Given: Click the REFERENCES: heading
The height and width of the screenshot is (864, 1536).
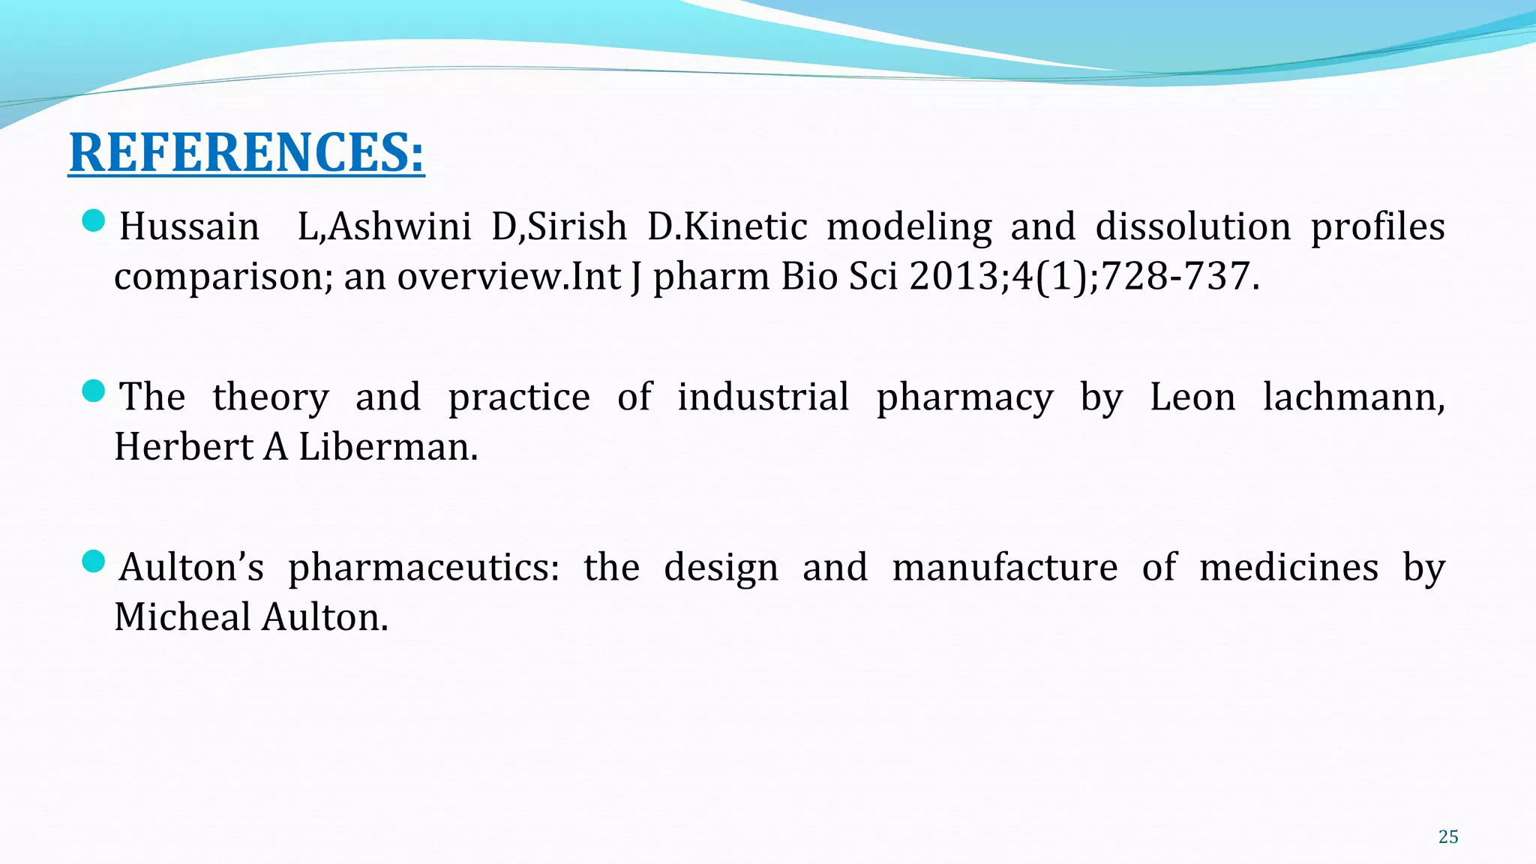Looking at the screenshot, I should tap(246, 153).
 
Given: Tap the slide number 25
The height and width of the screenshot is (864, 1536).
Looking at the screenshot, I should tap(1448, 837).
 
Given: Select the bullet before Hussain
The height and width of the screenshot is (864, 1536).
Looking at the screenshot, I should tap(93, 220).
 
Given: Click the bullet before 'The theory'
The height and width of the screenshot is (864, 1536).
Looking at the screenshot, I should tap(93, 391).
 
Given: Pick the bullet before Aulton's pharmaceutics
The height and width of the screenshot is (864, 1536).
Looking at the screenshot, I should tap(93, 561).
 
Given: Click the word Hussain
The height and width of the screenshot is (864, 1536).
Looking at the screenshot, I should tap(189, 226).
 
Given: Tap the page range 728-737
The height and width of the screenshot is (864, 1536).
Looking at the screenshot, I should tap(1175, 277).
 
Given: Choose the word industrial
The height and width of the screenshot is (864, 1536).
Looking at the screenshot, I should tap(763, 397).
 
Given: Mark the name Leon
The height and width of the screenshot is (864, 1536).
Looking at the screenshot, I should tap(1192, 397).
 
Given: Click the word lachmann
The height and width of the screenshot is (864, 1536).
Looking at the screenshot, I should tap(1352, 397).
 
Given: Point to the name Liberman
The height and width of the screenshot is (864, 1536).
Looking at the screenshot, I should tap(387, 447).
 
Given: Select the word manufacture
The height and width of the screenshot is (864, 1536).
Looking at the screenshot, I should tap(1004, 567).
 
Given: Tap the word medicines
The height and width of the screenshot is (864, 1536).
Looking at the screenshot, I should tap(1288, 567).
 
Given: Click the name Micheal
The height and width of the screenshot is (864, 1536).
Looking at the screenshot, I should tap(182, 617).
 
